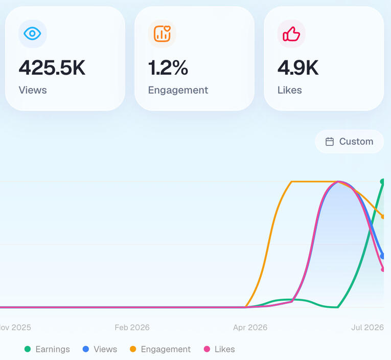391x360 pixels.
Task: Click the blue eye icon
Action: click(32, 33)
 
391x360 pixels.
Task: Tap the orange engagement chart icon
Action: click(162, 33)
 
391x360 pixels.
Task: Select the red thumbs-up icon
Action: click(291, 34)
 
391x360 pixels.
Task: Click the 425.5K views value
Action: click(52, 67)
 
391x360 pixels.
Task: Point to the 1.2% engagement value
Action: click(168, 67)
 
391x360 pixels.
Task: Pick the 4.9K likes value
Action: click(298, 67)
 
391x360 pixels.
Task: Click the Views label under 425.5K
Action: click(33, 90)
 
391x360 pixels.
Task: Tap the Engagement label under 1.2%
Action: click(178, 91)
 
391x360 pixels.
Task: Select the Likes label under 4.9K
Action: click(289, 90)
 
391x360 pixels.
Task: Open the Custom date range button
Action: click(349, 142)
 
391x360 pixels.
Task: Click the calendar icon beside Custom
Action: click(329, 142)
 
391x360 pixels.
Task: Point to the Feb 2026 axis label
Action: click(132, 327)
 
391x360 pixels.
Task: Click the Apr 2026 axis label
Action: click(250, 327)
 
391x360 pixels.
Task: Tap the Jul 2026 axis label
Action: click(367, 327)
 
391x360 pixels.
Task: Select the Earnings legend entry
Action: click(47, 349)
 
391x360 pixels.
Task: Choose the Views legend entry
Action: click(100, 349)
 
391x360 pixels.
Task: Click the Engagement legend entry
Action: click(160, 349)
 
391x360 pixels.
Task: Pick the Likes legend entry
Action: click(219, 349)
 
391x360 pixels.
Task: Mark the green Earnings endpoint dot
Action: click(382, 182)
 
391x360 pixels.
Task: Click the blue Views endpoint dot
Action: click(382, 256)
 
